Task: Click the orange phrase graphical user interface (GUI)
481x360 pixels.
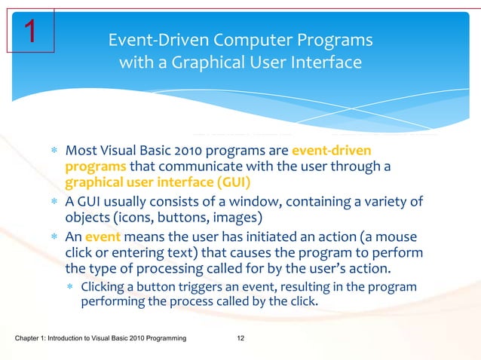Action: pos(158,182)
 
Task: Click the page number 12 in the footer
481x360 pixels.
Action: pos(240,343)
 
